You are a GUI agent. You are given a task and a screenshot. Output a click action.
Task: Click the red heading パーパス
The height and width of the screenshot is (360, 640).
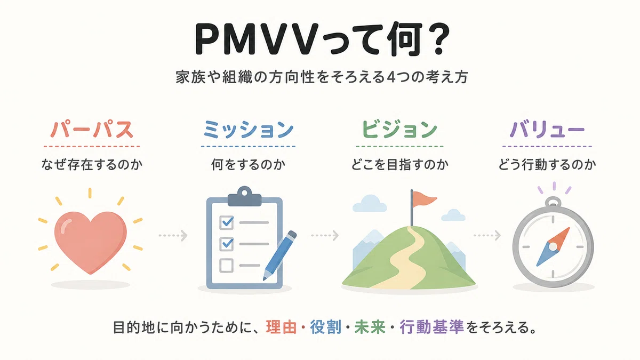(92, 130)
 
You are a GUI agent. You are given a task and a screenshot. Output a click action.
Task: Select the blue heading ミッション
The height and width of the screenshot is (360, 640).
(249, 130)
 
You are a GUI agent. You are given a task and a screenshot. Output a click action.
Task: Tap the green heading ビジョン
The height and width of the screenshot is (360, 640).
(399, 130)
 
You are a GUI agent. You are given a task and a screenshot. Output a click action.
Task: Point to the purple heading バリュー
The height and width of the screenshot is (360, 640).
(547, 130)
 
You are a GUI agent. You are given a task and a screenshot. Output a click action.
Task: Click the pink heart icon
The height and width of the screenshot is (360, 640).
(91, 240)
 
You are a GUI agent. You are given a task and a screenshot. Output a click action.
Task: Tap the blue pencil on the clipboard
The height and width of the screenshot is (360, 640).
(280, 255)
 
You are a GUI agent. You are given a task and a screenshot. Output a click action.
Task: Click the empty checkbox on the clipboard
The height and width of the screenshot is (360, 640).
(226, 266)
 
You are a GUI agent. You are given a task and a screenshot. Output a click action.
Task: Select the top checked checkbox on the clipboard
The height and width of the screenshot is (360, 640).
(227, 222)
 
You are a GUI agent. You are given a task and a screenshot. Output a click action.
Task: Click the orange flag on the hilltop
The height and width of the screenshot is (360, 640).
(425, 198)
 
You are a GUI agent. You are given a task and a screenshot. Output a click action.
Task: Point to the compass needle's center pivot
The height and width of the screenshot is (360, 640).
(553, 246)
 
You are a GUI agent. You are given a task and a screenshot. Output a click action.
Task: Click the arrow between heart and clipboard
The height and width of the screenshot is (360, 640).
(173, 236)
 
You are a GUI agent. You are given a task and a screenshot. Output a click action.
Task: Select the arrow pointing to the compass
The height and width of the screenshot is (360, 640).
(487, 235)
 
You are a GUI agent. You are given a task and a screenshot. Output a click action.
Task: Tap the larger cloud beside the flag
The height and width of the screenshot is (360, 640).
(370, 204)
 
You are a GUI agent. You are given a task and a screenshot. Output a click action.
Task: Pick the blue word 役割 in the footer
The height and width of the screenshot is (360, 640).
(326, 327)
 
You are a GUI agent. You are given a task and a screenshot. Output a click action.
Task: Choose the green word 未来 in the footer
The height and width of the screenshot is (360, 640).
(370, 327)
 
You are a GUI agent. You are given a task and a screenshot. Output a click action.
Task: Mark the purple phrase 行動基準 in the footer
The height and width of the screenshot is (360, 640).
(431, 327)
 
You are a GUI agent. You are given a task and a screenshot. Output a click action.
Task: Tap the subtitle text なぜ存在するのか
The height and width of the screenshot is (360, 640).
(92, 165)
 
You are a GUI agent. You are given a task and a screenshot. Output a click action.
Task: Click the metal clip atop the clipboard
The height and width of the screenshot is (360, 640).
(244, 197)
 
